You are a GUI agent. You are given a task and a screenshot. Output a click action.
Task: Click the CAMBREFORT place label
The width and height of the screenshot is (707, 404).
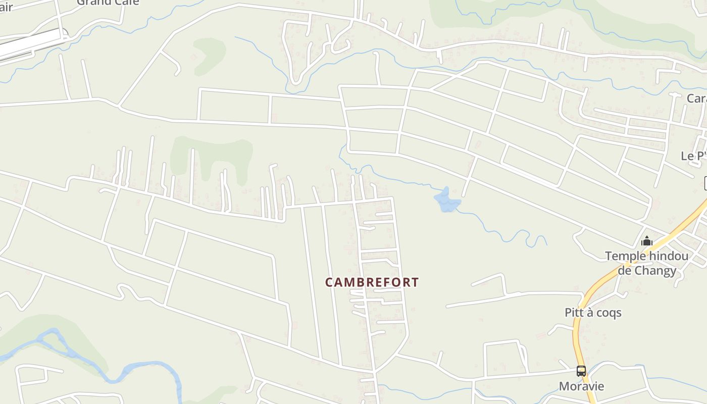click(372, 282)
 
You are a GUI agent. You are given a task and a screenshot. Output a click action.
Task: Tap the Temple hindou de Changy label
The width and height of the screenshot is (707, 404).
click(647, 263)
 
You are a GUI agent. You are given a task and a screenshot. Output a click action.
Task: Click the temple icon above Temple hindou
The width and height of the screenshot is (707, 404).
click(647, 241)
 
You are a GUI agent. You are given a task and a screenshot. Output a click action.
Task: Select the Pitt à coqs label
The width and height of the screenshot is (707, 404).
click(593, 313)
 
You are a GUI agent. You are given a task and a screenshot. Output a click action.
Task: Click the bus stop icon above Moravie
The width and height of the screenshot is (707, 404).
click(581, 371)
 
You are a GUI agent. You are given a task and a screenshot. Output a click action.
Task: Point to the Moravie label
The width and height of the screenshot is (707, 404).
click(581, 386)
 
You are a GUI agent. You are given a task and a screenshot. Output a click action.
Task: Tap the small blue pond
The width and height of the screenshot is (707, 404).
click(447, 201)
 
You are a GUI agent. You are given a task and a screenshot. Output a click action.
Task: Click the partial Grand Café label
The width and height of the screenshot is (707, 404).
click(108, 3)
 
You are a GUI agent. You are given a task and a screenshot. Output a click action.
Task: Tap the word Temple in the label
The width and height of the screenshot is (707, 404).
click(625, 256)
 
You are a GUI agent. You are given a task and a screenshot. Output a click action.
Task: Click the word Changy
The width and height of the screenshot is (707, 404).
click(655, 271)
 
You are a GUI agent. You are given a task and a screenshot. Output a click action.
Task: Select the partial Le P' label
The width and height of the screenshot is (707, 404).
click(693, 156)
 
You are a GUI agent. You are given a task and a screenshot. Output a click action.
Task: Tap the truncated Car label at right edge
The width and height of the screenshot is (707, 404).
click(696, 98)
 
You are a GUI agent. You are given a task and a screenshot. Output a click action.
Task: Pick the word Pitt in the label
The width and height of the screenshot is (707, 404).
click(574, 313)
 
